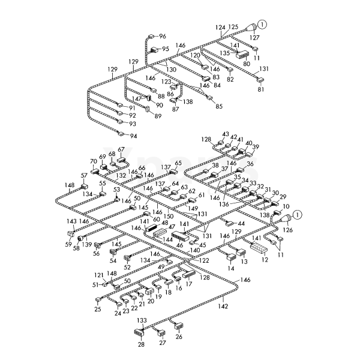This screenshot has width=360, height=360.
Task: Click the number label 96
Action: [x=163, y=36]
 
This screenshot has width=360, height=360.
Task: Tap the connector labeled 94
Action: [x=121, y=133]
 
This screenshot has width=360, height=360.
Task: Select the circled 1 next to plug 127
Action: [x=262, y=24]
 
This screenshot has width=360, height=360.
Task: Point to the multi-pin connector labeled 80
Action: [x=242, y=55]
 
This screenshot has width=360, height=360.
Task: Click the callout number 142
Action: [x=223, y=306]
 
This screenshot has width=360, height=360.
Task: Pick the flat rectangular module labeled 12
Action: [x=259, y=247]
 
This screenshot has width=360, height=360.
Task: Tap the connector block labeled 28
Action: [x=139, y=332]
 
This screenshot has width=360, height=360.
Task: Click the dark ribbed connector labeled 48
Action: [x=152, y=228]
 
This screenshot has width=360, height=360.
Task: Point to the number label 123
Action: [x=166, y=82]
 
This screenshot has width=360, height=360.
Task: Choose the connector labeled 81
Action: [x=260, y=80]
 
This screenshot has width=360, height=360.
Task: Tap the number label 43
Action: [x=226, y=134]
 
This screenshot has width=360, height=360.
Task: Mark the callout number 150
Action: [x=168, y=216]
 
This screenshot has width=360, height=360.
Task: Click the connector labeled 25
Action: [x=98, y=300]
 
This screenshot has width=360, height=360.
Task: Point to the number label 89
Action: [x=158, y=116]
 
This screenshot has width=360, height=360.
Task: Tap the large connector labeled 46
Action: [x=180, y=236]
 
